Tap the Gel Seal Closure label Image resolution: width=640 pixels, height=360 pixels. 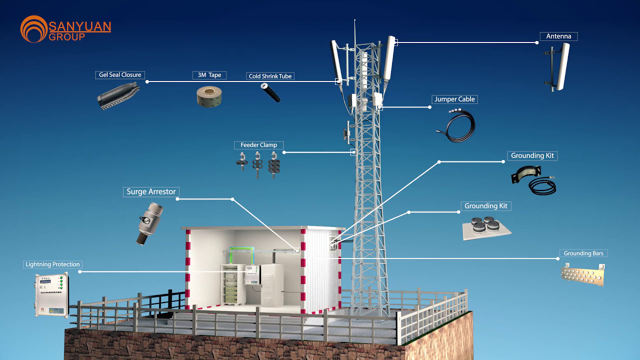point(120,75)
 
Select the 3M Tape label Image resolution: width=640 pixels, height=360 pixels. point(209,75)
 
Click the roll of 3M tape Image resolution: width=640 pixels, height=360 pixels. point(209,95)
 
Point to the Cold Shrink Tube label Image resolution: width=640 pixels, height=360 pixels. point(270,76)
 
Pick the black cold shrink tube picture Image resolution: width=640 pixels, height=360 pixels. point(270,92)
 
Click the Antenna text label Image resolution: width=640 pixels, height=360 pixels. point(558,36)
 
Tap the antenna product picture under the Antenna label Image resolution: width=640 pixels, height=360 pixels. point(558,67)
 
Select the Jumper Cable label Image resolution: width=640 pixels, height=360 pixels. point(454,99)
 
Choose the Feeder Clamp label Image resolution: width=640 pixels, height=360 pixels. point(258,145)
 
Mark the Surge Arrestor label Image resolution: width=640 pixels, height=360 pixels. point(150,192)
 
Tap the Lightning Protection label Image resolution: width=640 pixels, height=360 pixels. point(52,264)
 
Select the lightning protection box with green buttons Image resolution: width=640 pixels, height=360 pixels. point(51,295)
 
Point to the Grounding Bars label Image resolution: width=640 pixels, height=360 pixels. point(583,253)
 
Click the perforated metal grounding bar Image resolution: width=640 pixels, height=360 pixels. point(583,274)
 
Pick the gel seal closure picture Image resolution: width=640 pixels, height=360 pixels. point(117,95)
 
